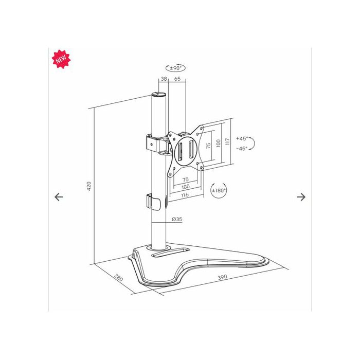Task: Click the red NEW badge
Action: (x=61, y=59)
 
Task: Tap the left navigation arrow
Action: (x=59, y=197)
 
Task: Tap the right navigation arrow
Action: (x=301, y=197)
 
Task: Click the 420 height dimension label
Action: (x=89, y=186)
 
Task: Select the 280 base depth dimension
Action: (x=119, y=278)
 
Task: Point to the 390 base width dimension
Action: (x=222, y=277)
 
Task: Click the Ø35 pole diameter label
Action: (x=177, y=219)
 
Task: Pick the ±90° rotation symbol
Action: (x=175, y=68)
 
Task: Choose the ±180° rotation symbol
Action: (x=219, y=190)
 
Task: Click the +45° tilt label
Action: (x=242, y=138)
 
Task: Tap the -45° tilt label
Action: (x=242, y=149)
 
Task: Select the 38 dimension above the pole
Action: (x=164, y=79)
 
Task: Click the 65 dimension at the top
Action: (x=177, y=79)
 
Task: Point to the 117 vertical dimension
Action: (x=227, y=141)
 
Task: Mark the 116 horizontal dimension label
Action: (x=185, y=195)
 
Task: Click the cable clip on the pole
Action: (x=153, y=202)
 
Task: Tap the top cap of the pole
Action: (x=158, y=94)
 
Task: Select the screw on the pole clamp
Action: (x=151, y=145)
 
